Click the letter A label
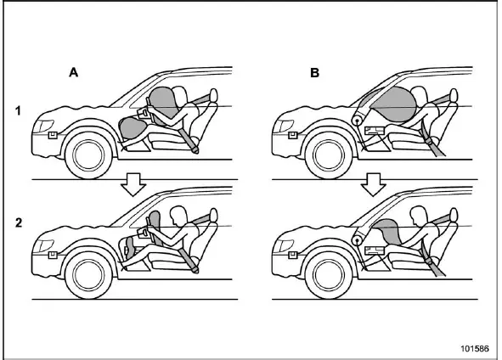tap(74, 73)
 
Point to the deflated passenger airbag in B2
tap(390, 229)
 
